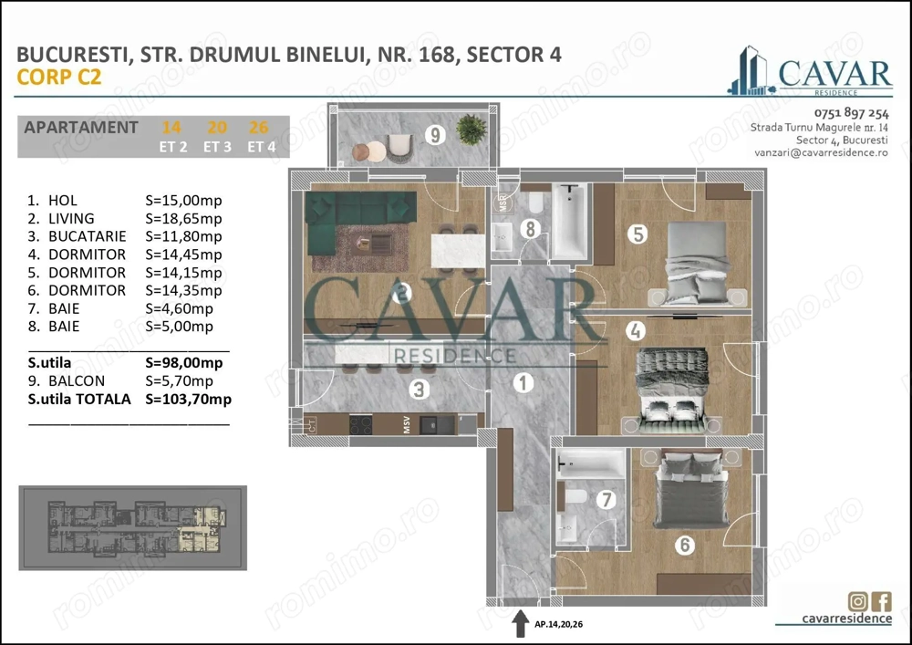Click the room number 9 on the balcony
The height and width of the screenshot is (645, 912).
[x=436, y=136]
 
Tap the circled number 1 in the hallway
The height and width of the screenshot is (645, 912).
[x=523, y=383]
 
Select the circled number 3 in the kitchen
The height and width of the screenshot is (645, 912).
[x=419, y=390]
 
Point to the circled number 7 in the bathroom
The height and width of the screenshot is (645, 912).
[x=602, y=501]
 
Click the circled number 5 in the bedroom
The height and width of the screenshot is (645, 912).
[x=638, y=234]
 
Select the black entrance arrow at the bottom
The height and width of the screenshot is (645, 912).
[x=518, y=624]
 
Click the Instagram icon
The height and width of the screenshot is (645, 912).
[x=857, y=601]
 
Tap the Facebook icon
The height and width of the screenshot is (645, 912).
[x=882, y=601]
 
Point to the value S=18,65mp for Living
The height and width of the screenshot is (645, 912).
[x=183, y=219]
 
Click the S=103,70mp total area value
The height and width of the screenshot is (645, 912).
[x=188, y=400]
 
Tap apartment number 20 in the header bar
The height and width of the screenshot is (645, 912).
[x=217, y=128]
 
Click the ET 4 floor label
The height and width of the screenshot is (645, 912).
[x=261, y=147]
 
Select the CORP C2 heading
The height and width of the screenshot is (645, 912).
[x=58, y=78]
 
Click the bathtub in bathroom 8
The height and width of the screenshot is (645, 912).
[x=572, y=222]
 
